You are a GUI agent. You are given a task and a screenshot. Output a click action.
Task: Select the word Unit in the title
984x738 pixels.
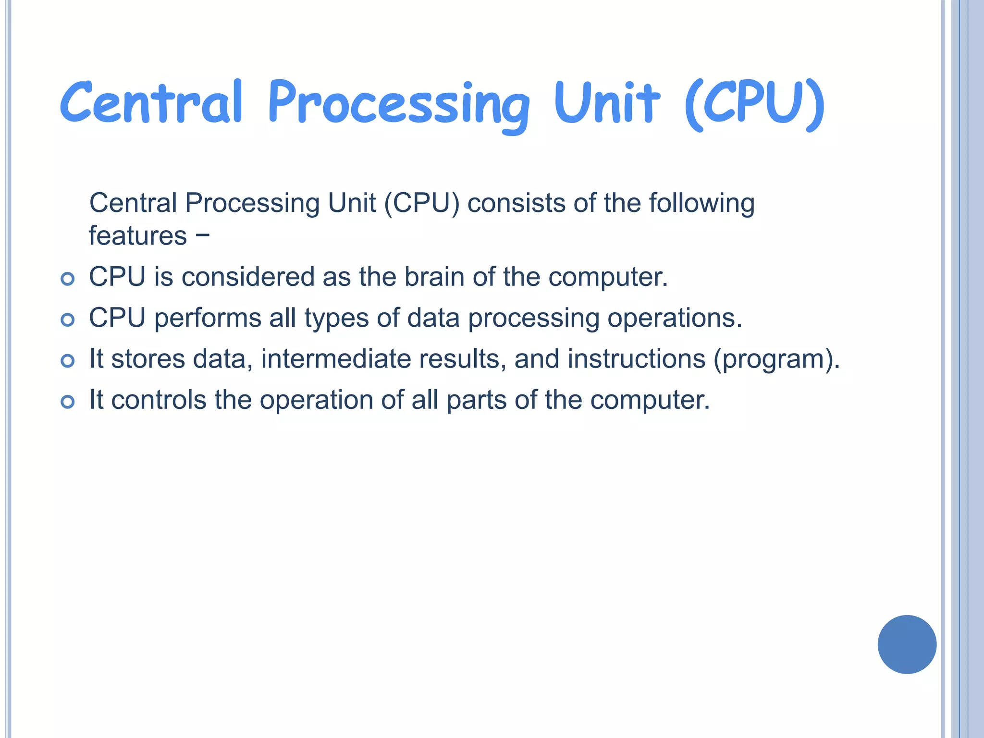pos(606,102)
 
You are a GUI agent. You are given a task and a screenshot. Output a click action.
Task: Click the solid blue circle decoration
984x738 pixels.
pos(907,644)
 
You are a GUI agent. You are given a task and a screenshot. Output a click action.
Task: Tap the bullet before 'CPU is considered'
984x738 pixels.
pos(68,279)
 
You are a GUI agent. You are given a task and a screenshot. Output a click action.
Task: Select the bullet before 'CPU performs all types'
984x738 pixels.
pos(68,320)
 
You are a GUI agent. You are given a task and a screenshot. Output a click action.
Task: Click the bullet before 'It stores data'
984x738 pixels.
pos(68,360)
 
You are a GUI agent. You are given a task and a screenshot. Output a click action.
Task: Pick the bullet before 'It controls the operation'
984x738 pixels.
pos(68,402)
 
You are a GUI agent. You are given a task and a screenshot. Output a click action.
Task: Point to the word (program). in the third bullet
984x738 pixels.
pos(776,359)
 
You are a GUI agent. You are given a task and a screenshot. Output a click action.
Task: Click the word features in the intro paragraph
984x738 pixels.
pos(138,235)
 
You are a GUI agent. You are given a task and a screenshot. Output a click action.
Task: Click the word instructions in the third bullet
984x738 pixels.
pos(636,359)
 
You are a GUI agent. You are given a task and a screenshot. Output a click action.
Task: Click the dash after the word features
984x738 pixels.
pos(203,235)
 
